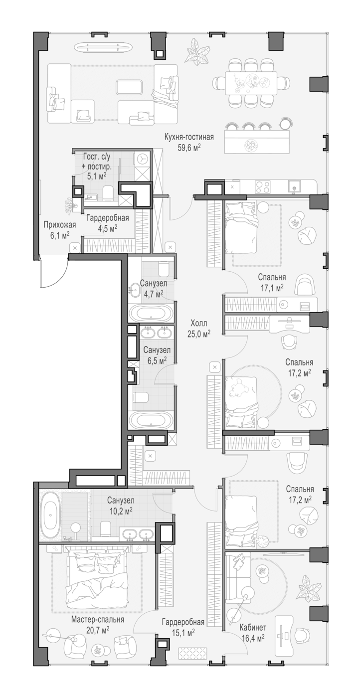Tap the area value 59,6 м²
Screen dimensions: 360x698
coord(189,148)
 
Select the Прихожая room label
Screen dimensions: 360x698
coord(60,225)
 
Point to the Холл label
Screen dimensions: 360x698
coord(198,323)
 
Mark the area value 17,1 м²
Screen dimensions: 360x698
coord(272,287)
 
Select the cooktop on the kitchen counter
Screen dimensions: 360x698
coord(262,187)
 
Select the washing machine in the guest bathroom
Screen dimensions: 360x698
coord(143,159)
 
